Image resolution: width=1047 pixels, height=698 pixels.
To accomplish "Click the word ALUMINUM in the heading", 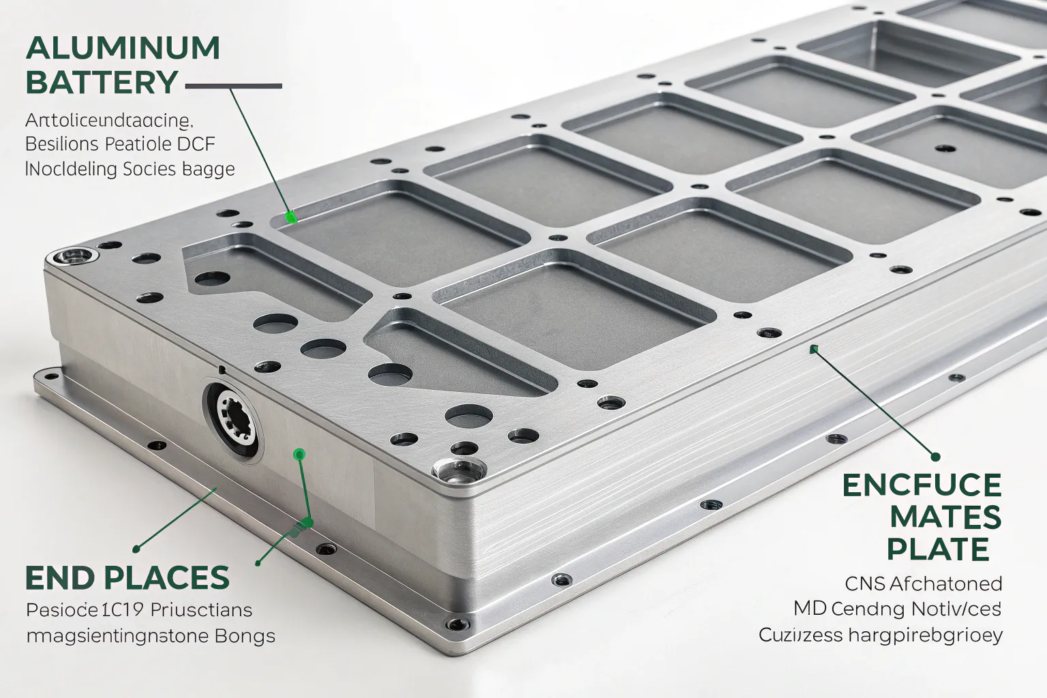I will coord(123,48).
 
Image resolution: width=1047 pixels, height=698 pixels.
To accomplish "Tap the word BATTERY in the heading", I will coord(102,82).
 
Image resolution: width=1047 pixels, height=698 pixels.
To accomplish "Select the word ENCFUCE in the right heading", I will coord(922,485).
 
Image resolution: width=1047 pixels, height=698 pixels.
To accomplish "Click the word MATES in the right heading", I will coord(945,517).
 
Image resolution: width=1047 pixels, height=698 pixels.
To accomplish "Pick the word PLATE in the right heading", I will coord(938,549).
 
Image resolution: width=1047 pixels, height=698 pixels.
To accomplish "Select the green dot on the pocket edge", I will coord(291,217).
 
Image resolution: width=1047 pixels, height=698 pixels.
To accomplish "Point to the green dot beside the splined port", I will coord(299,454).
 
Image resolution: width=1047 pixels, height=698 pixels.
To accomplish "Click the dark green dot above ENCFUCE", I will coord(935,457).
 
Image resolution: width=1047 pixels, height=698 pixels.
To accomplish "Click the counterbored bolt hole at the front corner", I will coord(457,470).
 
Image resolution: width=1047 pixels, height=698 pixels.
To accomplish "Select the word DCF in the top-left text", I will coord(196,144).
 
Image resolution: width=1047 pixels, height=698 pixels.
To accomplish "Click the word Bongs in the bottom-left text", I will coord(245,636).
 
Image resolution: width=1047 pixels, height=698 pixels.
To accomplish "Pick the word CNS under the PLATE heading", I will coord(865,583).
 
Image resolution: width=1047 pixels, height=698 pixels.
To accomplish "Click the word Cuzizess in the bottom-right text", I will coord(800,635).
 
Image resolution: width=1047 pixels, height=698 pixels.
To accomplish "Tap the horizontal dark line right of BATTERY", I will coord(233,87).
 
